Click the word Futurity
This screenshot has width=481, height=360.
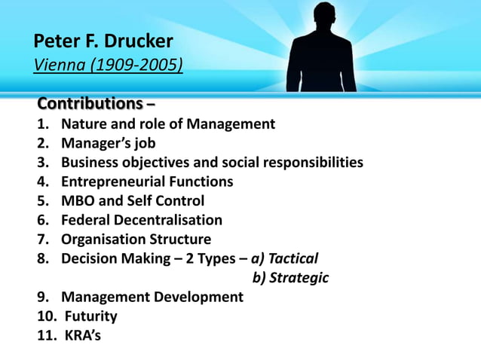coord(90,316)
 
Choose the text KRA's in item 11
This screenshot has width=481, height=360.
coord(81,335)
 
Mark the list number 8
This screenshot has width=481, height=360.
coord(42,258)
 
